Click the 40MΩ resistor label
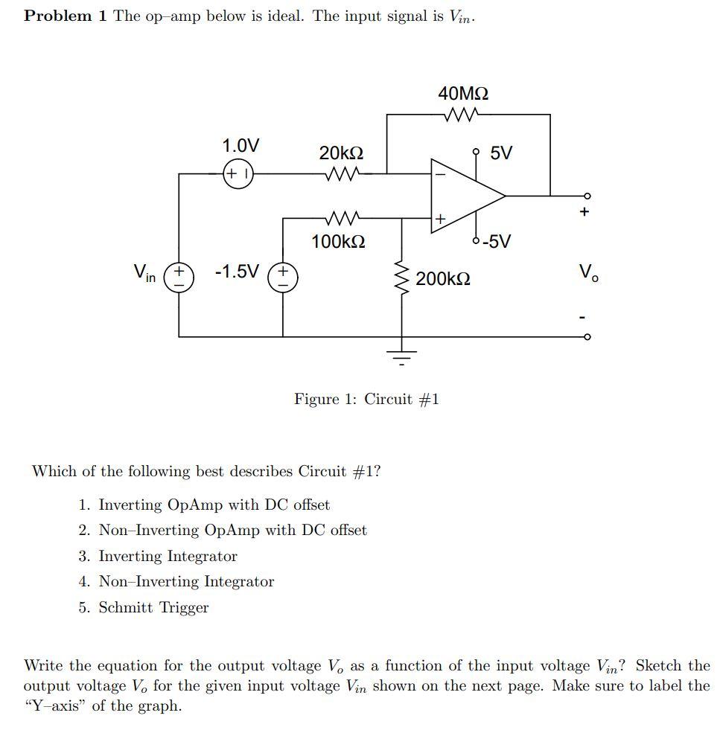[463, 94]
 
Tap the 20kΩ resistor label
[341, 153]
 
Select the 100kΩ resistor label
[338, 242]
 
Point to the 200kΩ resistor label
[443, 279]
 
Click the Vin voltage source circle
[179, 278]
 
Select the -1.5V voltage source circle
[283, 278]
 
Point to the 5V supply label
[502, 153]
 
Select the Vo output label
[587, 274]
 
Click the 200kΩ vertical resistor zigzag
[402, 279]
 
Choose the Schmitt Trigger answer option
[153, 607]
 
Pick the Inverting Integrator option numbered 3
[168, 556]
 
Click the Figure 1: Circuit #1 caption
[366, 400]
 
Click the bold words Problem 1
[66, 16]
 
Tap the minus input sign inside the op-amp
[439, 175]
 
